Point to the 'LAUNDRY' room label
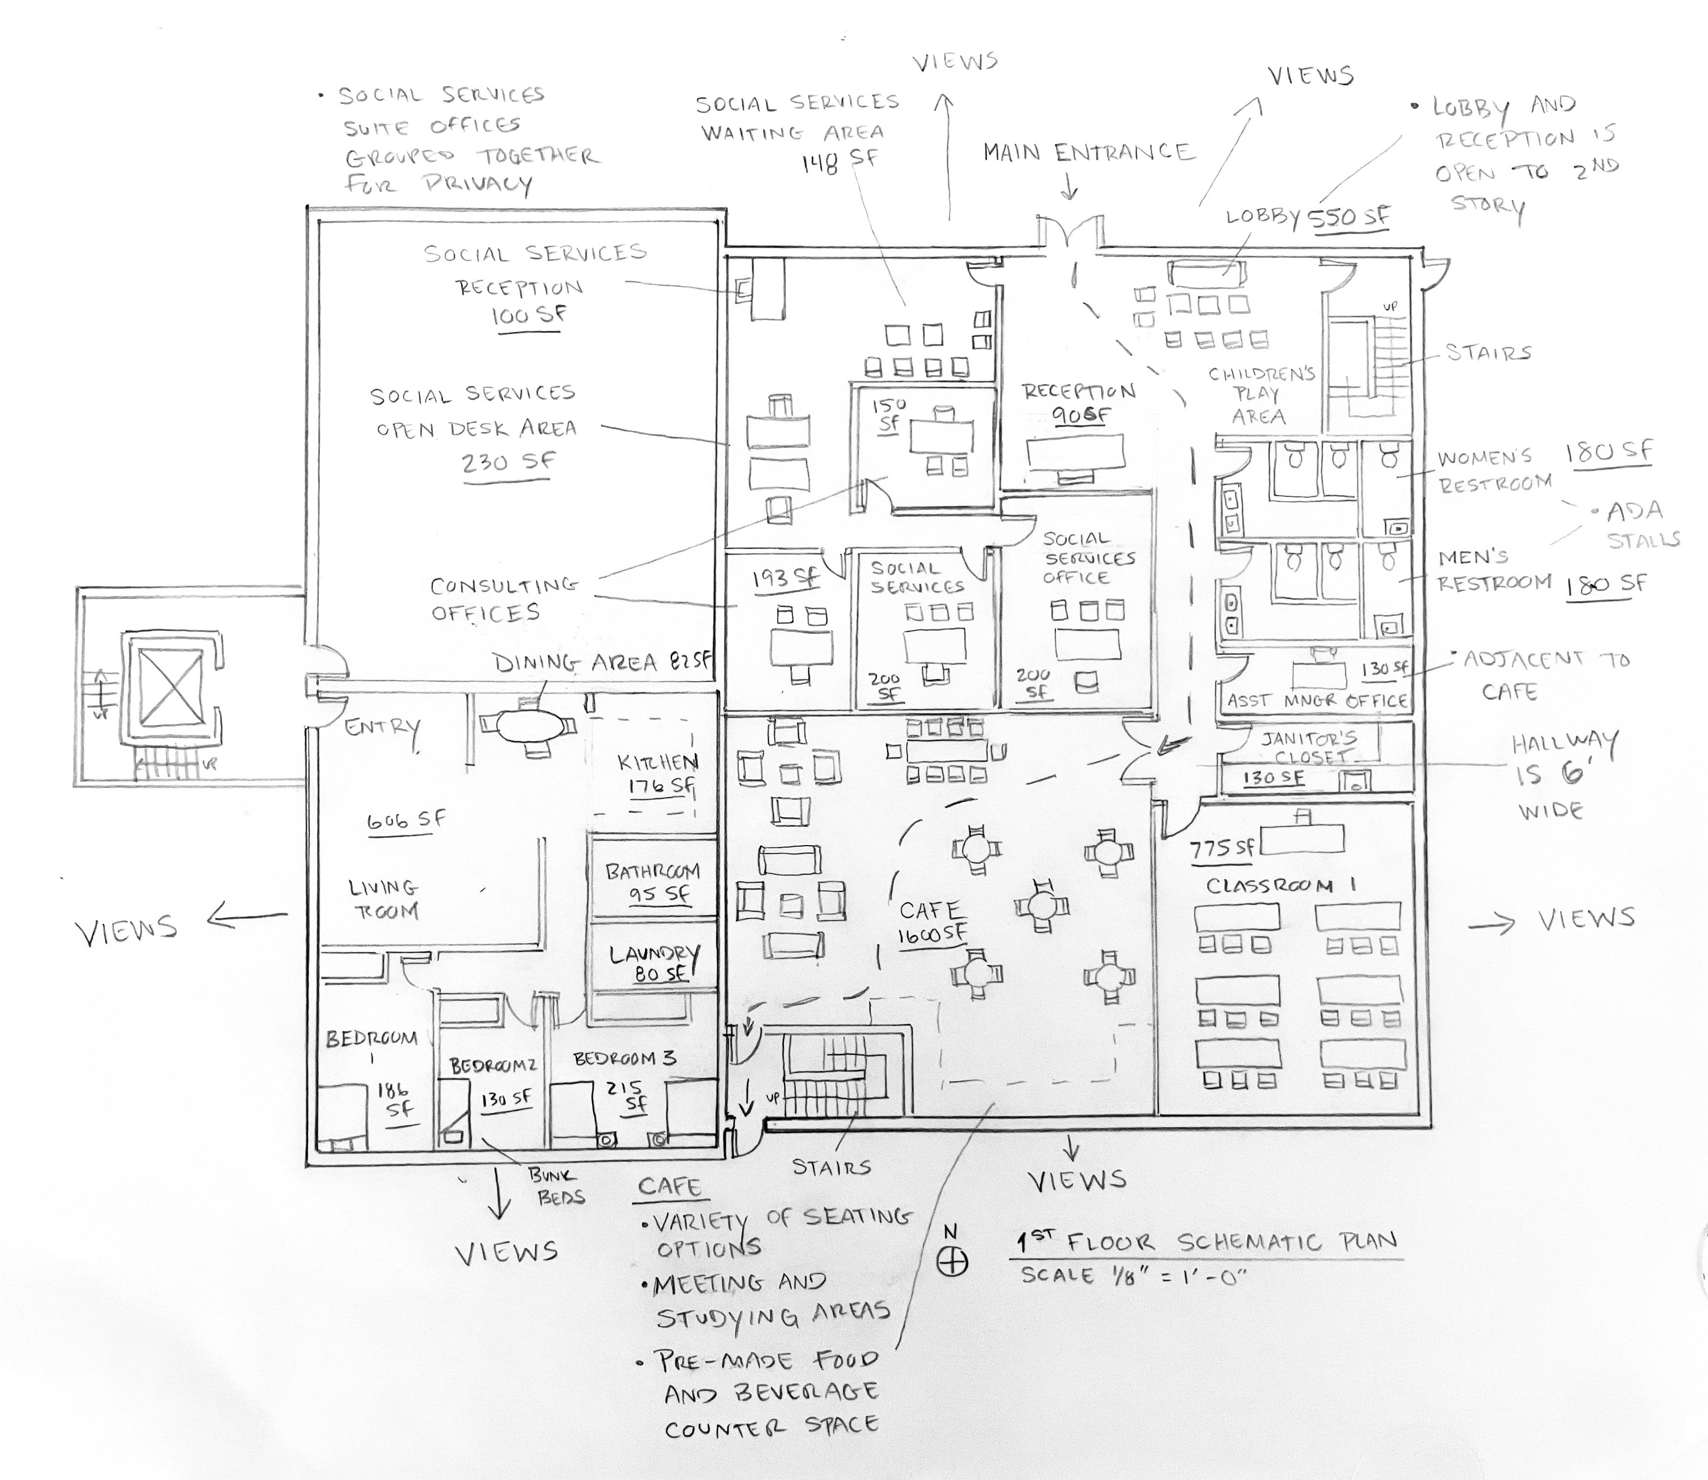click(x=654, y=955)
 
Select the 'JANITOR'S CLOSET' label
click(x=1309, y=747)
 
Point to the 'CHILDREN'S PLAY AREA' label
click(x=1261, y=395)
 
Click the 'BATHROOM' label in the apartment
click(x=653, y=871)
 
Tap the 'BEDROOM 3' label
click(x=625, y=1058)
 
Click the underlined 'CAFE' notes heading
click(x=669, y=1187)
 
